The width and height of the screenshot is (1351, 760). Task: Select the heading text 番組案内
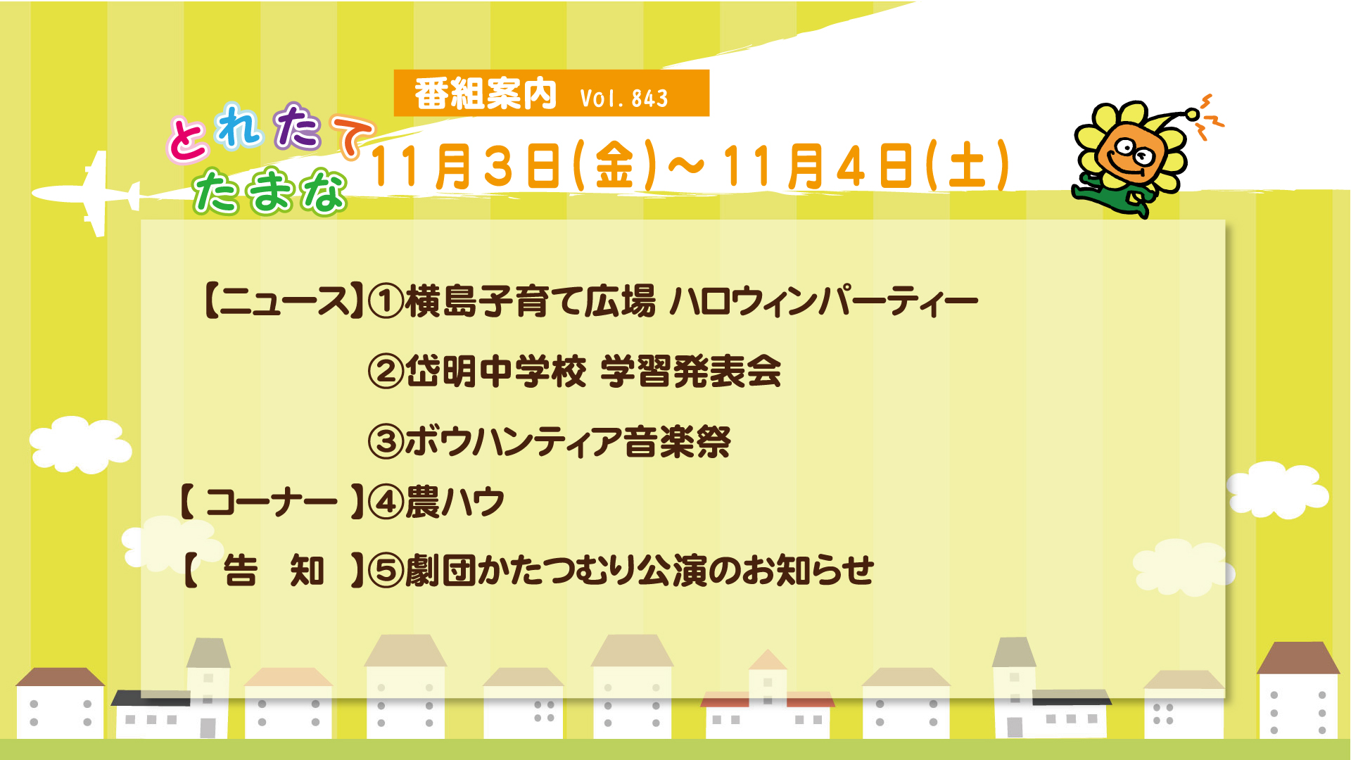(x=486, y=94)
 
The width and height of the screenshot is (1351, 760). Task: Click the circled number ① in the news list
(x=386, y=301)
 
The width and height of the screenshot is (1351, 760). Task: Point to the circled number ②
(x=386, y=371)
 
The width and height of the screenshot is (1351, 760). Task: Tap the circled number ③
(x=386, y=441)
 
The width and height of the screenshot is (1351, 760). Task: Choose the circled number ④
(x=386, y=502)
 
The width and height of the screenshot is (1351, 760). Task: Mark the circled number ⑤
(x=386, y=570)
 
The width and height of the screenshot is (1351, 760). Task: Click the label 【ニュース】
(x=284, y=301)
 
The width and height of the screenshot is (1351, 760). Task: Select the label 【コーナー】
(x=272, y=502)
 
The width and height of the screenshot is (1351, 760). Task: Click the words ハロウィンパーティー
(x=823, y=301)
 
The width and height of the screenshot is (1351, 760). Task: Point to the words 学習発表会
(x=691, y=371)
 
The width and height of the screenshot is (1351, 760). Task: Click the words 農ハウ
(x=455, y=502)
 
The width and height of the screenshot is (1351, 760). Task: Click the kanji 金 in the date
(x=615, y=166)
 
